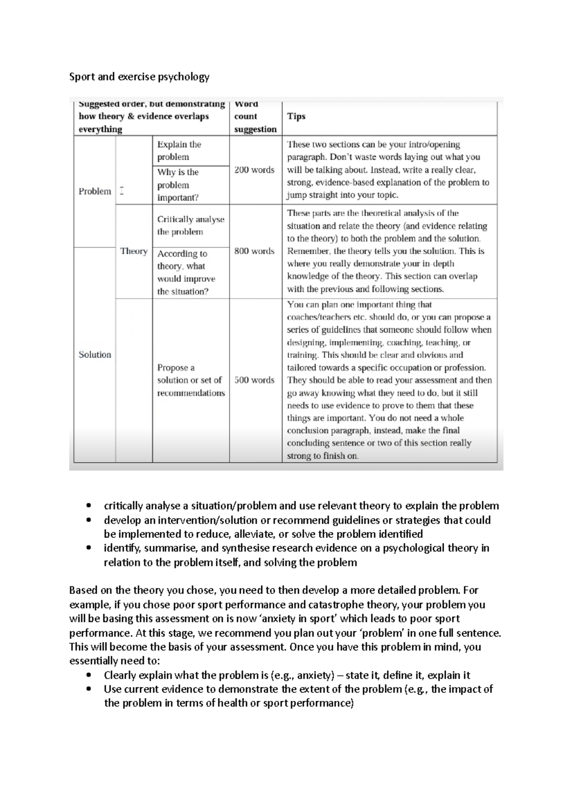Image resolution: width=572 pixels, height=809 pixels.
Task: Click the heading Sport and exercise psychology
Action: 139,77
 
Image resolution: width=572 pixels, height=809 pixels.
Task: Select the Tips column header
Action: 296,116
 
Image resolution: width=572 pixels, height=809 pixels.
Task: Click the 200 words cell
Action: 255,170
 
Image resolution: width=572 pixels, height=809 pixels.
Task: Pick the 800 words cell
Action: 255,251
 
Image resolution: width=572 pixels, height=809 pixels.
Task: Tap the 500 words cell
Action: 255,380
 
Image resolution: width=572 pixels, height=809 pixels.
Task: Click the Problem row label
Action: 95,192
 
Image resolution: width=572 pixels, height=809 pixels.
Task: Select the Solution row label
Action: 95,354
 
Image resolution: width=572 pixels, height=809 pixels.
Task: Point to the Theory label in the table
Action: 134,251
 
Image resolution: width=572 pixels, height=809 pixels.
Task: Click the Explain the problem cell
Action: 179,151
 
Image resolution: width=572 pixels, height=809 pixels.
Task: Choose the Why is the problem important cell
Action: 178,185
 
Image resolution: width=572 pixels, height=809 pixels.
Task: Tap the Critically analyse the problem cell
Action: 191,225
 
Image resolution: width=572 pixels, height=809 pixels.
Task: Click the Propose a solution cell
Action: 191,380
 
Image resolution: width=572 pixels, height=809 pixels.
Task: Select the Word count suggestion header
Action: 255,116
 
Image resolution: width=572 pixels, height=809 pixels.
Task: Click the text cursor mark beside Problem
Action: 122,191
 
